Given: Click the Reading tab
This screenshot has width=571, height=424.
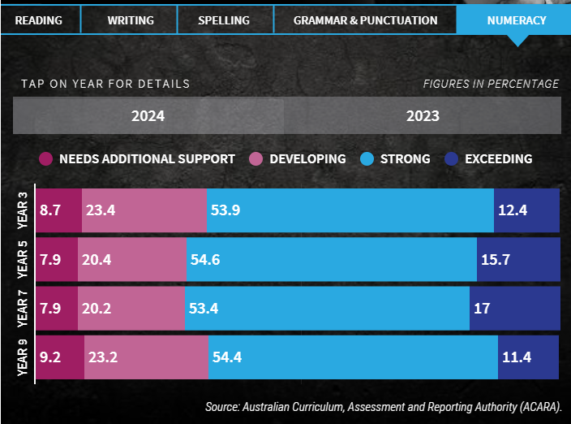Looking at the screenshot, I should (x=38, y=20).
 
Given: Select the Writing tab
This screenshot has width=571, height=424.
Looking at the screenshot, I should (x=130, y=20).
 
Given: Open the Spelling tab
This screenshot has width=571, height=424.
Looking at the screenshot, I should (x=223, y=20).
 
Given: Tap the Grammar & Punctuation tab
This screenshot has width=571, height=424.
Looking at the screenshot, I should (x=365, y=20).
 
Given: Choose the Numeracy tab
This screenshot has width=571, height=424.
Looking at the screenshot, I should (x=516, y=20).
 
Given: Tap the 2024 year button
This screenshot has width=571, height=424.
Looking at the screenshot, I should (x=148, y=115).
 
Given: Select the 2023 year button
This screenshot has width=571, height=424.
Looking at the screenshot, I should (x=423, y=115).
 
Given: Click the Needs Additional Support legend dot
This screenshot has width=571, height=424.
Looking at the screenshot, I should (x=45, y=158).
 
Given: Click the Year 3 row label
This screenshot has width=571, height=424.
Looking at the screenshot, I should (x=24, y=210).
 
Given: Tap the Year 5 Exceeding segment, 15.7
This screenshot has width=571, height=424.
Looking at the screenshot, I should (x=518, y=260).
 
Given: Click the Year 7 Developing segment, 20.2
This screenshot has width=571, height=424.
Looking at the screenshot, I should (x=131, y=308).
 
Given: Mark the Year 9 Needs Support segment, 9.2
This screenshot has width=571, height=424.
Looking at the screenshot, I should (x=59, y=357).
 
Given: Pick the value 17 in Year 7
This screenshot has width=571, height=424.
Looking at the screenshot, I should (x=484, y=309).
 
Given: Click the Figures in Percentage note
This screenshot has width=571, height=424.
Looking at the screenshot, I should (x=491, y=84).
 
